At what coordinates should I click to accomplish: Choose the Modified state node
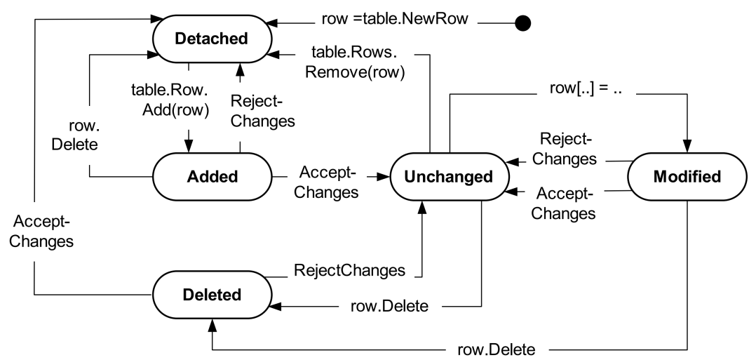coord(687,177)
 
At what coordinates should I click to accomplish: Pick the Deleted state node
coord(212,294)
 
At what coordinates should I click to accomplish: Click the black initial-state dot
coord(522,24)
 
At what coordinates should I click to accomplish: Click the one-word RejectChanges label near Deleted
coord(349,269)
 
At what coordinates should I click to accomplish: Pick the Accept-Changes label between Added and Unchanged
coord(327,182)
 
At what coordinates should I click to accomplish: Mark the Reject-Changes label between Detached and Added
coord(262,109)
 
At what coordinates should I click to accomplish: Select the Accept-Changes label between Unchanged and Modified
coord(569,202)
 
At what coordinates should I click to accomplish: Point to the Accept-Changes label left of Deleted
coord(43,231)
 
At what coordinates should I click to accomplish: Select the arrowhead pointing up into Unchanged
coord(421,206)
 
